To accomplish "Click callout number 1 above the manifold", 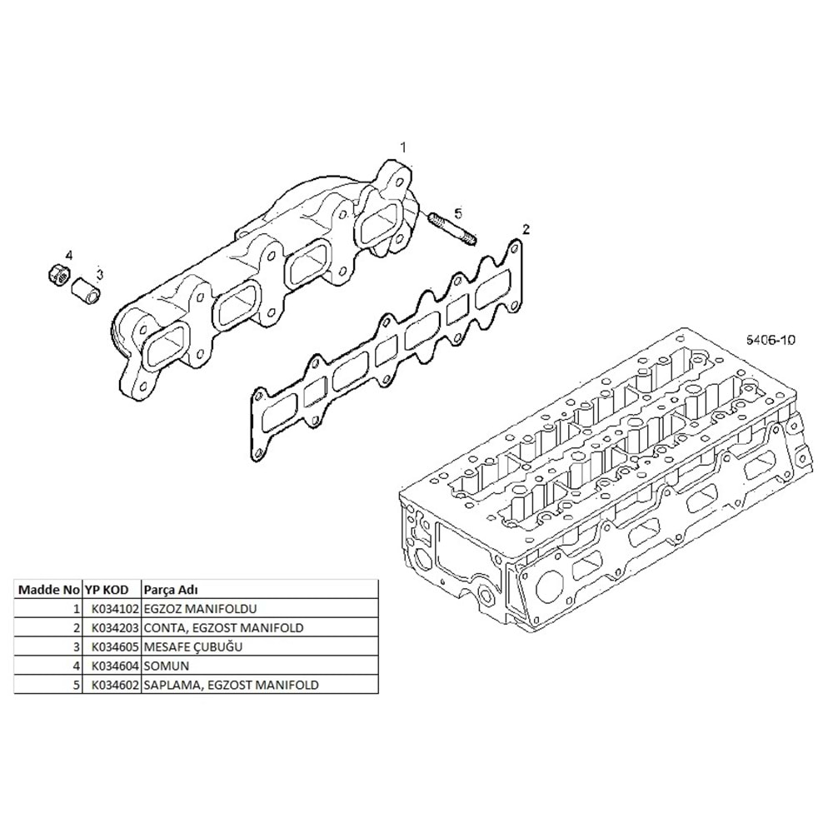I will [402, 147].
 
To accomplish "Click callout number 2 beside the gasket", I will [526, 227].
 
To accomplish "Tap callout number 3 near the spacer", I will [99, 273].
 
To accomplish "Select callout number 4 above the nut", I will [70, 254].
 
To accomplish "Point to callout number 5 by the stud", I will [457, 214].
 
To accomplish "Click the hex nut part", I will [57, 272].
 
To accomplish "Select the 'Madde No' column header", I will [49, 589].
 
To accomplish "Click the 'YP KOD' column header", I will [107, 589].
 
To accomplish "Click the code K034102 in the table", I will [115, 609].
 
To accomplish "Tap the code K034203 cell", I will [115, 627].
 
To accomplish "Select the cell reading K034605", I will [115, 646].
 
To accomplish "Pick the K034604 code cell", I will [115, 666].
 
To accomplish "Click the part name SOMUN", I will [166, 666].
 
